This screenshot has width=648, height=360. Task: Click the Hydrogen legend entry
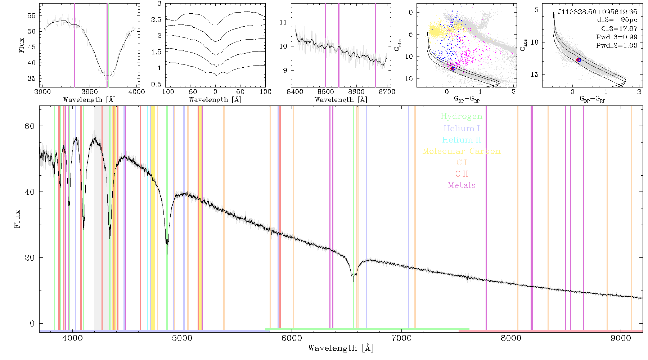[461, 117]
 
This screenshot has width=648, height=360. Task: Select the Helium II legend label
[462, 140]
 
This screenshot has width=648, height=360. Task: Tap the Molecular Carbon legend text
[462, 151]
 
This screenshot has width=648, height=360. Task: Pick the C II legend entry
[462, 174]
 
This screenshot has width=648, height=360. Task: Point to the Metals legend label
[462, 185]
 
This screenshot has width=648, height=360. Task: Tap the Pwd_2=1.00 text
[617, 45]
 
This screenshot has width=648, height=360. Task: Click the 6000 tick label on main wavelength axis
[292, 338]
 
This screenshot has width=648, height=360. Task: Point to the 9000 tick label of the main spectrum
[621, 338]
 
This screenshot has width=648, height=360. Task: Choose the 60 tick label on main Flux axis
[30, 126]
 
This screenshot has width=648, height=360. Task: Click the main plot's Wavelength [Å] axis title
[341, 348]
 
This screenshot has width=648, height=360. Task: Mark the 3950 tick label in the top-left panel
[90, 91]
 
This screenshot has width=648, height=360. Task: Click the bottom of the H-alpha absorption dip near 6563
[354, 281]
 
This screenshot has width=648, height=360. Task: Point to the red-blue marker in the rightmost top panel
[579, 60]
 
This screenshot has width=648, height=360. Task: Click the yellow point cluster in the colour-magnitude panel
[437, 31]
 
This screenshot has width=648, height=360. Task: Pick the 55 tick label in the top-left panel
[31, 16]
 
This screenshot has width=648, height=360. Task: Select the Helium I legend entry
[462, 128]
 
